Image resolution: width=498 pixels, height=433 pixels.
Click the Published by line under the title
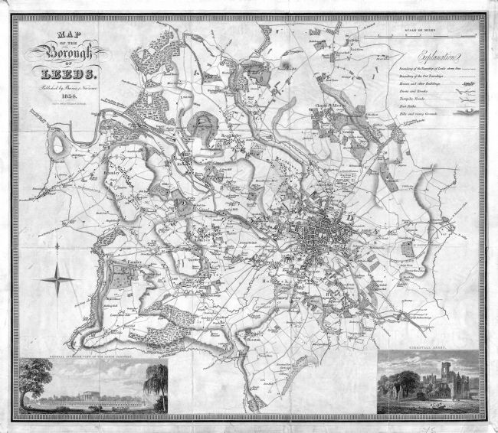(x=64, y=89)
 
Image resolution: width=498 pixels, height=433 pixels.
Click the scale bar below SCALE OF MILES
(x=421, y=37)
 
